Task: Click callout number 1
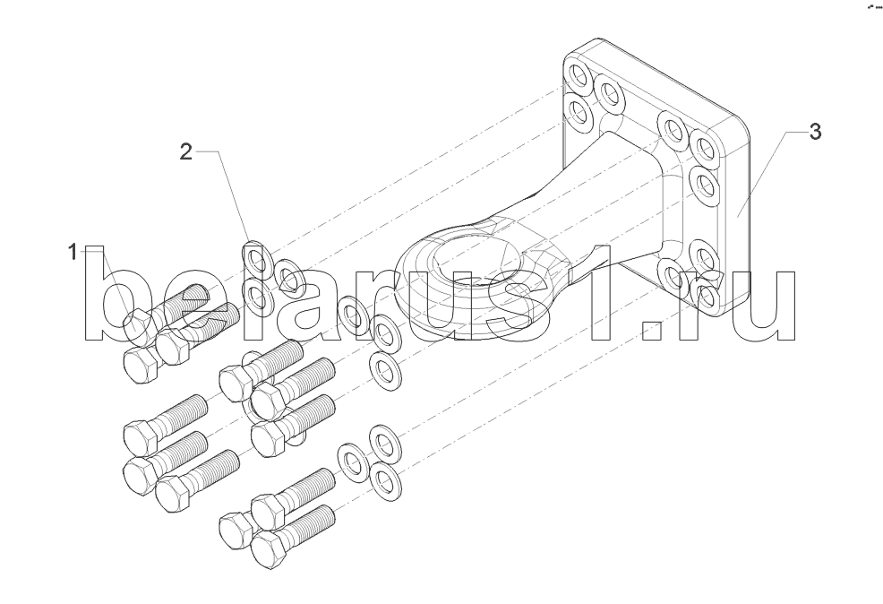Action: click(x=73, y=252)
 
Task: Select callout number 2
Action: click(x=186, y=151)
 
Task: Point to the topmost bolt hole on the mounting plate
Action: click(x=578, y=75)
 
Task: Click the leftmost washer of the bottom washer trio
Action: click(x=353, y=462)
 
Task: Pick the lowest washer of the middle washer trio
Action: click(x=385, y=370)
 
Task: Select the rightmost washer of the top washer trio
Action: click(x=289, y=278)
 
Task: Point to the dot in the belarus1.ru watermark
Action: click(x=655, y=331)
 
